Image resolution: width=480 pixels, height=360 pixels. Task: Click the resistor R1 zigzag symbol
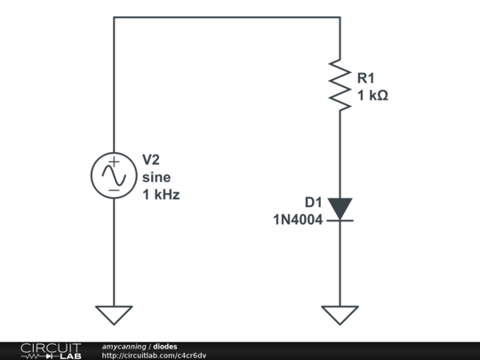point(340,85)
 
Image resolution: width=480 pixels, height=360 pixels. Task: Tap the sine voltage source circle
point(114,175)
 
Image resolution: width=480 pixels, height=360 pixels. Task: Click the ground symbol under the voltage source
point(114,315)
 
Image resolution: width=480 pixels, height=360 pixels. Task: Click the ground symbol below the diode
point(340,315)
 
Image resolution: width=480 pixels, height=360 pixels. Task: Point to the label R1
point(366,77)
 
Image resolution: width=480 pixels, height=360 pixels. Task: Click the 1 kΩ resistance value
point(372,95)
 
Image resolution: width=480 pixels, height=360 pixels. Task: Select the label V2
point(151,160)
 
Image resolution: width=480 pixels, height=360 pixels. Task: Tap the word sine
point(156,177)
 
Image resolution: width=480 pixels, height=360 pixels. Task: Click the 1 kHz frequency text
point(161,194)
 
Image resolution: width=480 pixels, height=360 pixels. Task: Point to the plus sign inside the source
point(114,161)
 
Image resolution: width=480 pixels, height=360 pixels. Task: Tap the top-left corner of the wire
point(114,17)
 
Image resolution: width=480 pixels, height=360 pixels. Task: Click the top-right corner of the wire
point(340,17)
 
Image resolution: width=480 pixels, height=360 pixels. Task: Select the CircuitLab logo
point(50,350)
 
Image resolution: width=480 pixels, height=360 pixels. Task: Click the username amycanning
point(124,346)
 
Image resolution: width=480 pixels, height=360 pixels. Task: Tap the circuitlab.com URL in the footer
point(154,356)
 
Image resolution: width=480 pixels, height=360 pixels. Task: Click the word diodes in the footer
point(164,346)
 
